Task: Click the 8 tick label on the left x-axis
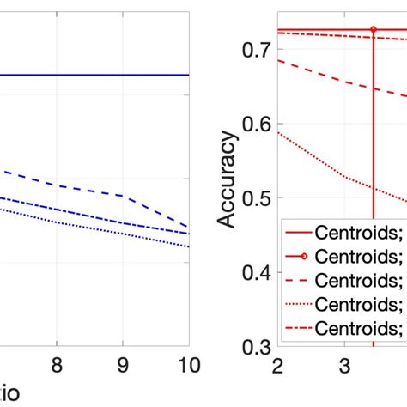pyautogui.click(x=56, y=364)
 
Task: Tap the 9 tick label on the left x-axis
pyautogui.click(x=122, y=364)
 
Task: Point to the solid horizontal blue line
pyautogui.click(x=94, y=75)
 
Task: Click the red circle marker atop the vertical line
pyautogui.click(x=374, y=29)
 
